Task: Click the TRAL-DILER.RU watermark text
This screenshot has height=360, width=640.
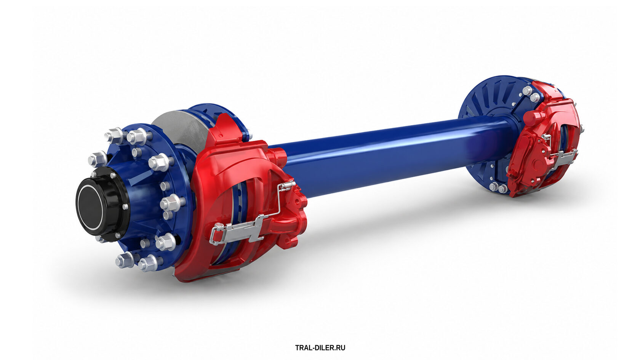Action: tap(320, 348)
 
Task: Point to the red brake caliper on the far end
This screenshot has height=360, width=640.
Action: tap(543, 140)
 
